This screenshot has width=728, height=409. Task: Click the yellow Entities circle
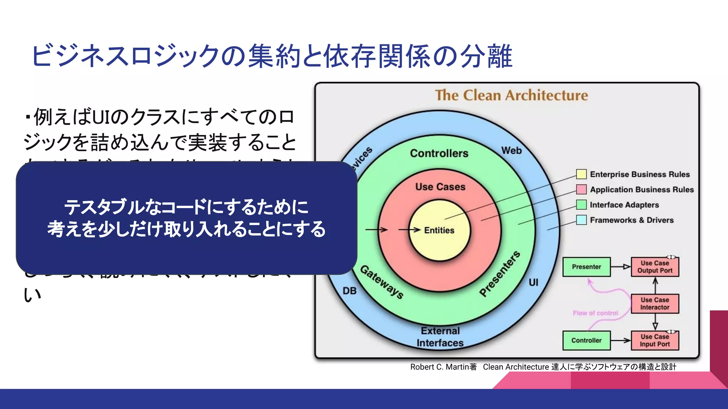439,230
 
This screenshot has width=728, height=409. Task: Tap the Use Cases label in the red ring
440,187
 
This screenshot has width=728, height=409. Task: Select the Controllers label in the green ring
439,153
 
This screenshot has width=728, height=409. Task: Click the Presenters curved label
500,273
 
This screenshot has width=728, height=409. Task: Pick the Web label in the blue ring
512,151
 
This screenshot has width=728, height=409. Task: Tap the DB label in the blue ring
349,291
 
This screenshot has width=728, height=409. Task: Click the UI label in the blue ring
533,283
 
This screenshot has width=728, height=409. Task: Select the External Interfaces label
440,337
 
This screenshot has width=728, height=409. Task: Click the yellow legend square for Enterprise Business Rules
581,174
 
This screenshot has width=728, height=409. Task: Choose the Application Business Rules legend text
642,190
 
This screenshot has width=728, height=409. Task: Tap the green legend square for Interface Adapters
581,204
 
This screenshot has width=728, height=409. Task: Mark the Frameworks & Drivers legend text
632,220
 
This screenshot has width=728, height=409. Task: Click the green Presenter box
586,267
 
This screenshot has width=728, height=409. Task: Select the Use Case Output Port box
655,267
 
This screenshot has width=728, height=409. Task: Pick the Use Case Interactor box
655,304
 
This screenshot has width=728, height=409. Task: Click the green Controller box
586,340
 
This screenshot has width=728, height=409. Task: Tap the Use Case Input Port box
655,340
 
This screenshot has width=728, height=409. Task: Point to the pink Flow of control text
595,313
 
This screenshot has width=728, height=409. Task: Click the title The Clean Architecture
512,96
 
